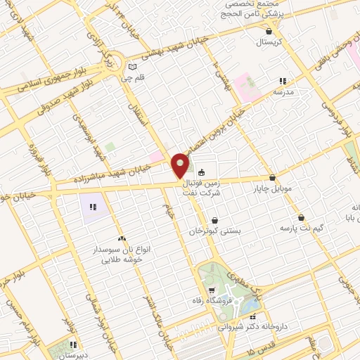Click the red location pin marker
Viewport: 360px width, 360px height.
(x=181, y=166)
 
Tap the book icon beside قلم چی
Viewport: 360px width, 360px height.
(x=132, y=68)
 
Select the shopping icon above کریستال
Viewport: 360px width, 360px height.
(x=270, y=31)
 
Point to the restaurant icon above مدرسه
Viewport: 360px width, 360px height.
(x=283, y=82)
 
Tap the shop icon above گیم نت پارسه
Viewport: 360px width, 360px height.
(x=301, y=217)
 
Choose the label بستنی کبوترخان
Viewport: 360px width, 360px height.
(x=215, y=231)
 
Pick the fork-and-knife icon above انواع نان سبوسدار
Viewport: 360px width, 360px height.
(x=123, y=240)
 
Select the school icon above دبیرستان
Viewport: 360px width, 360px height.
(x=72, y=345)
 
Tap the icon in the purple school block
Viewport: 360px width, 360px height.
(x=92, y=206)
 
